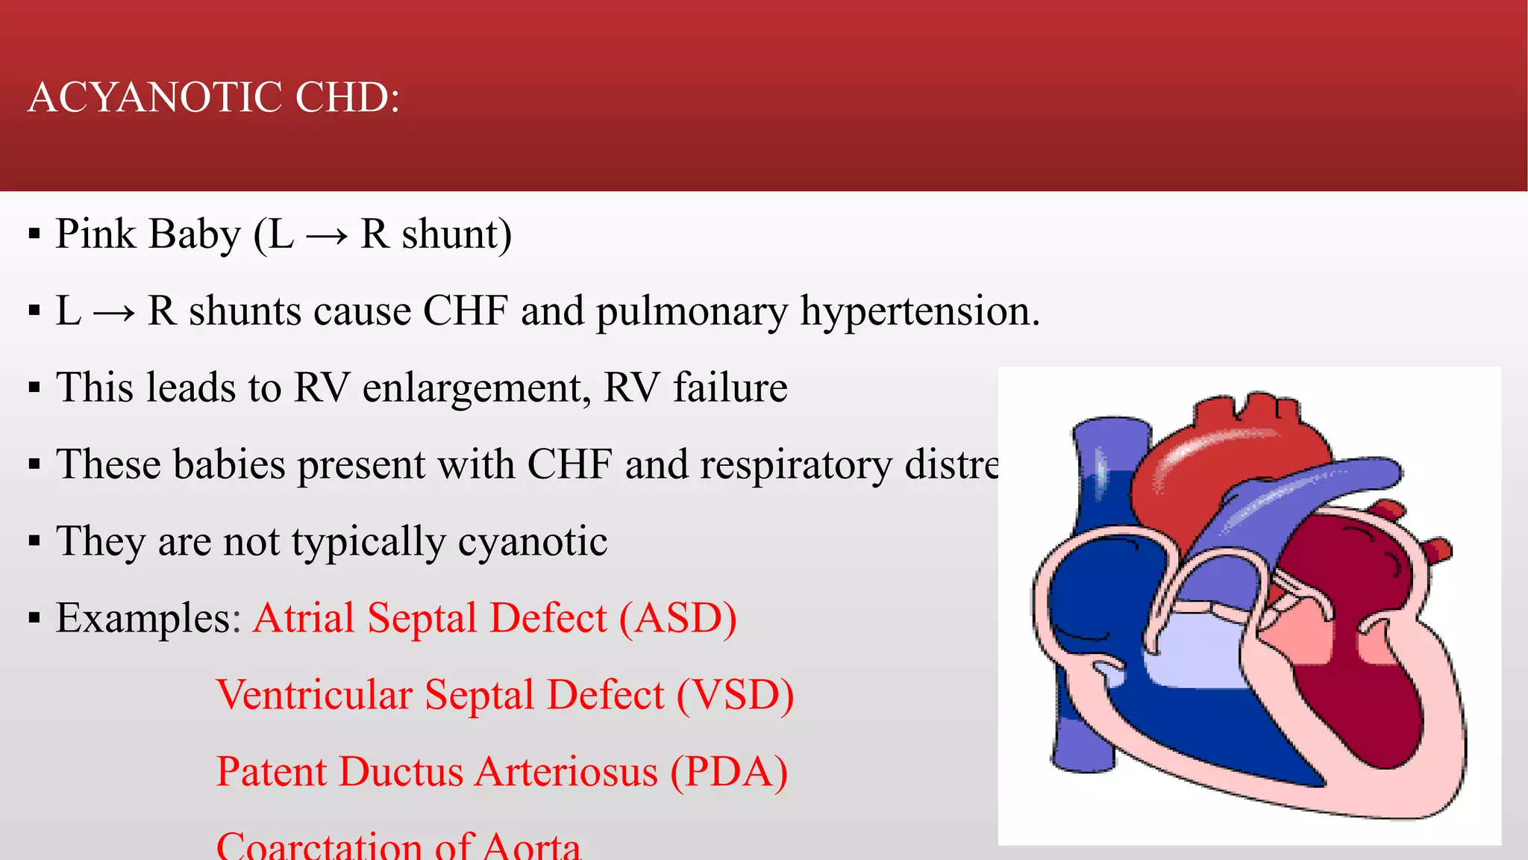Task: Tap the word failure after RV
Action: [730, 387]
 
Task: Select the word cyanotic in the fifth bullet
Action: [533, 542]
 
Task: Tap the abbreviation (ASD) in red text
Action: [678, 619]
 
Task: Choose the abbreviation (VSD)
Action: [735, 696]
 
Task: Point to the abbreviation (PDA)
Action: [729, 773]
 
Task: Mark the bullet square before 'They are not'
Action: [34, 541]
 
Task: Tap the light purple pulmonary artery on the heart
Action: [1313, 485]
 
